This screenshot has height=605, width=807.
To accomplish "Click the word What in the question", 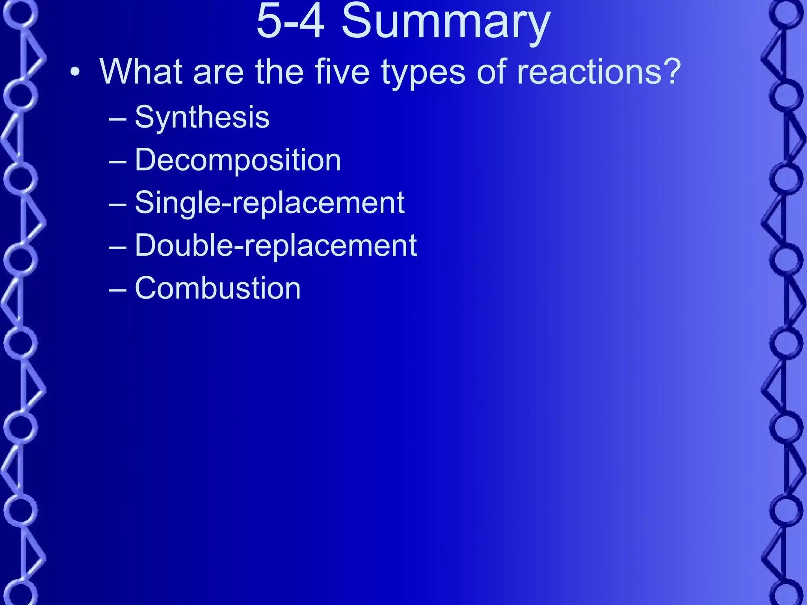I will (x=141, y=72).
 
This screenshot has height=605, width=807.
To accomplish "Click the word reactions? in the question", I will (x=599, y=72).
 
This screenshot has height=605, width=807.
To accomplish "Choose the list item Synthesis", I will (x=202, y=117).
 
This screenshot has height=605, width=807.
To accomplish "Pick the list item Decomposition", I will (x=238, y=160).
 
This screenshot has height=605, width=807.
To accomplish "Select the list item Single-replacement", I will (x=270, y=203).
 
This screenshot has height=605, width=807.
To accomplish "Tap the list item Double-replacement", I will (x=276, y=245).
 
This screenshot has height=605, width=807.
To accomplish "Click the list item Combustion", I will (x=218, y=288).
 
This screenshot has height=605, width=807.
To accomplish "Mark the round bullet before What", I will (x=75, y=72).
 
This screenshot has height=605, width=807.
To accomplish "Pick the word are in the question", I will (x=218, y=72).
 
